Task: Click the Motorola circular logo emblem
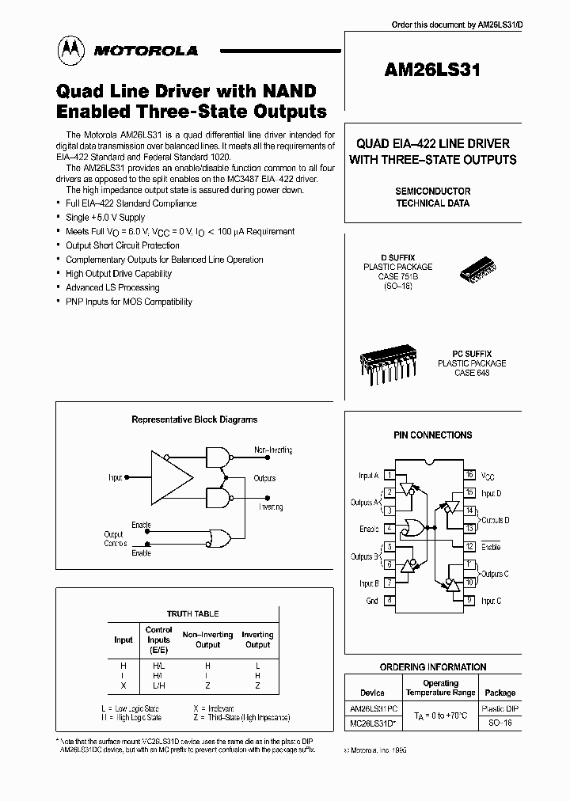pos(73,51)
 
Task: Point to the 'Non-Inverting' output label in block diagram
pos(273,450)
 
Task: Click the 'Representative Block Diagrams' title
pos(194,419)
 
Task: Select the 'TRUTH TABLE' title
pos(192,613)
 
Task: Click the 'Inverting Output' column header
pos(257,640)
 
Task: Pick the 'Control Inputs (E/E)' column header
pos(158,640)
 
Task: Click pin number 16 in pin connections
pos(469,475)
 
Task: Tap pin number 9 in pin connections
pos(469,601)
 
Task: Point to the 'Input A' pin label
pos(367,476)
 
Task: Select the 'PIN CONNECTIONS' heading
pos(432,435)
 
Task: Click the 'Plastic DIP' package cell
pos(500,709)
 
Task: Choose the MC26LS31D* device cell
pos(374,723)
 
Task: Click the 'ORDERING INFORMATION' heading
pos(432,666)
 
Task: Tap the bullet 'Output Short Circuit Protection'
pos(123,245)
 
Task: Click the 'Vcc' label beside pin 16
pos(489,476)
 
